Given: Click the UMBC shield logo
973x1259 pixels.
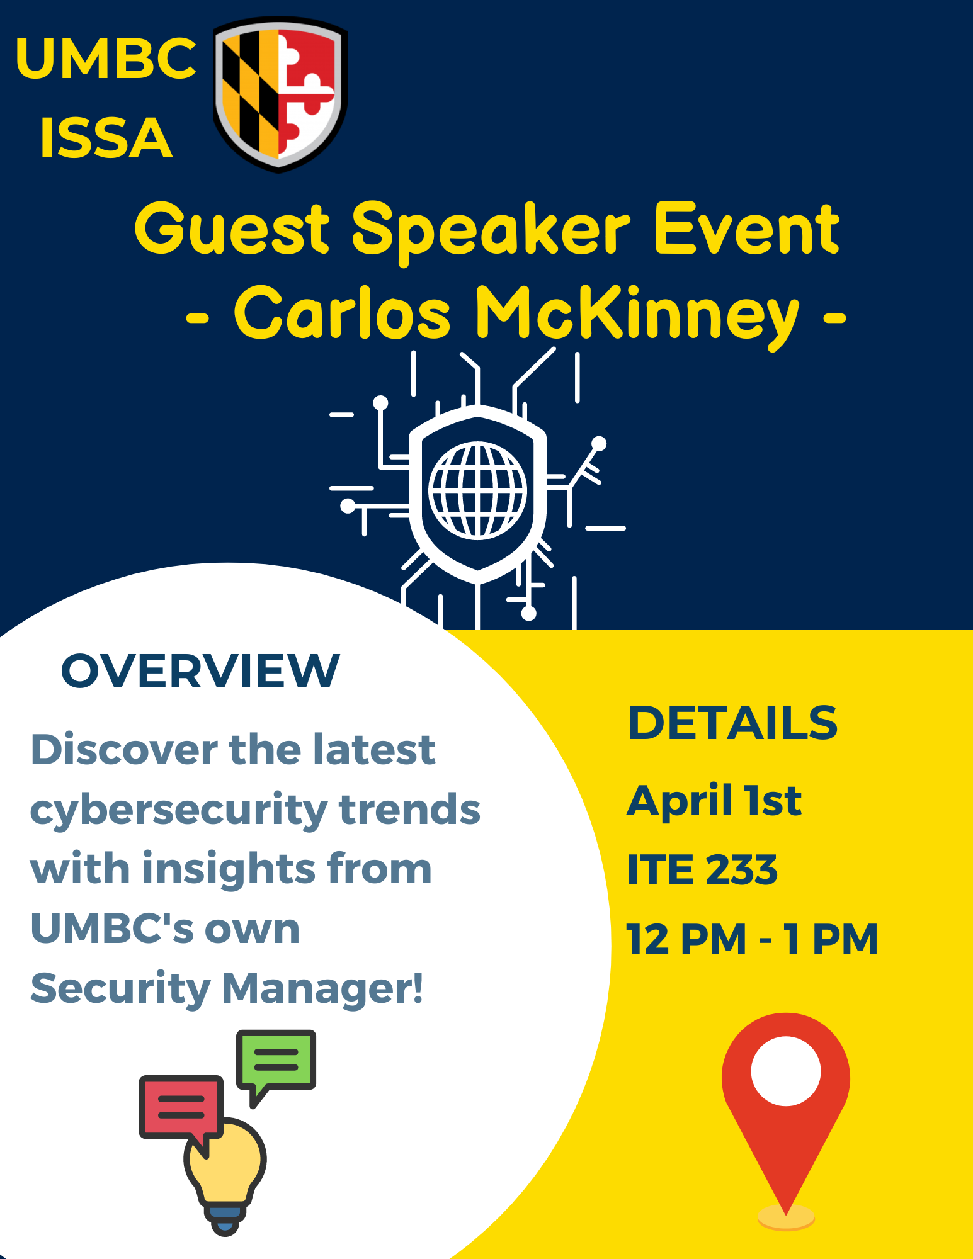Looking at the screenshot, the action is pos(280,94).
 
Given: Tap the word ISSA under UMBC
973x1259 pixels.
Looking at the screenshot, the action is pos(106,138).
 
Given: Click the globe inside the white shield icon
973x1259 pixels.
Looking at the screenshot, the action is pos(477,490).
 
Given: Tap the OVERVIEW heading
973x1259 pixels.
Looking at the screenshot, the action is pos(200,671).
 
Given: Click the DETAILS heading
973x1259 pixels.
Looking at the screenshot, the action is pos(733,723).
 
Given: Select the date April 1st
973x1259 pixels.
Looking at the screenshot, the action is pos(714,801).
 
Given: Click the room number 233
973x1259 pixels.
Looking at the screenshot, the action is pos(741,870).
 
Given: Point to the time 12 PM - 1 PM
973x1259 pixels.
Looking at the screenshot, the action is pos(752,939).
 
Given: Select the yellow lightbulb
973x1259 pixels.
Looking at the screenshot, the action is pos(225,1177).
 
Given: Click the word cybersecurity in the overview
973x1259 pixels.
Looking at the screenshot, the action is pos(179,810).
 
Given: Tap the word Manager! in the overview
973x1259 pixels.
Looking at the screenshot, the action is pos(322,989).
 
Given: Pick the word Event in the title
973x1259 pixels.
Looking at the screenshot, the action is pos(747,229).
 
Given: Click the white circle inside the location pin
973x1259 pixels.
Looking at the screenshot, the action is pos(786,1071).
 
